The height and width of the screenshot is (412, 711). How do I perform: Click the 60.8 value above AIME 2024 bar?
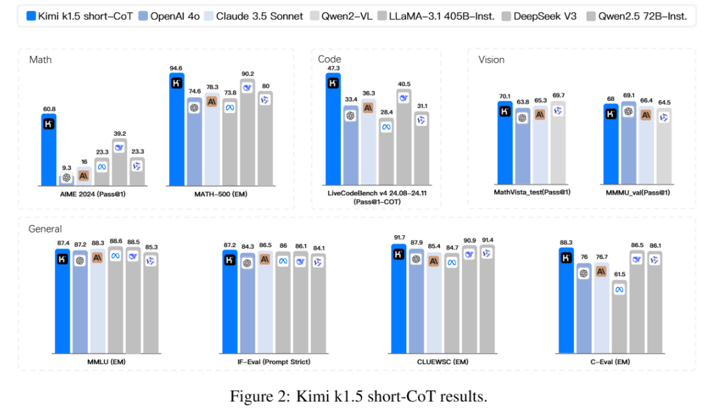pyautogui.click(x=49, y=108)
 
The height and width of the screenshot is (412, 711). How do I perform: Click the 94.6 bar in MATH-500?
pyautogui.click(x=177, y=130)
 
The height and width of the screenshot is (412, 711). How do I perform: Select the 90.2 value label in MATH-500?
pyautogui.click(x=248, y=74)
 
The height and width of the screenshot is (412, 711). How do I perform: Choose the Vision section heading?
pyautogui.click(x=491, y=60)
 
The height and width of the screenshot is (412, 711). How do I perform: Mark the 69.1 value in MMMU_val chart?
pyautogui.click(x=628, y=95)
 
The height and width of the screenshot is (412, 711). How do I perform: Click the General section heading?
pyautogui.click(x=45, y=228)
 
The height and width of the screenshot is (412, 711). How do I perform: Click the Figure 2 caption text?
pyautogui.click(x=358, y=396)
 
